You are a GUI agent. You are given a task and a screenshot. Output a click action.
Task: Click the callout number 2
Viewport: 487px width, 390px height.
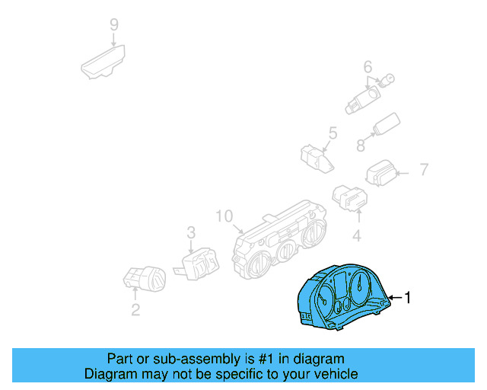pyautogui.click(x=135, y=309)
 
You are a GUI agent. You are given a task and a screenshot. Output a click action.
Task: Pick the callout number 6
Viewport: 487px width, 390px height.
pyautogui.click(x=368, y=66)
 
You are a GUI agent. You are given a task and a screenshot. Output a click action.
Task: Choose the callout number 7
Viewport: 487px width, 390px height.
pyautogui.click(x=424, y=169)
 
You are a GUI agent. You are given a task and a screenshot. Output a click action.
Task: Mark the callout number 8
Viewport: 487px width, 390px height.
pyautogui.click(x=361, y=144)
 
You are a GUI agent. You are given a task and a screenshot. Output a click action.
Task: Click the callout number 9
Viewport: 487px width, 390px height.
pyautogui.click(x=114, y=24)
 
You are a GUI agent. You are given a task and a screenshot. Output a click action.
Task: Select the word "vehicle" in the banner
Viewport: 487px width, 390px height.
pyautogui.click(x=333, y=373)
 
